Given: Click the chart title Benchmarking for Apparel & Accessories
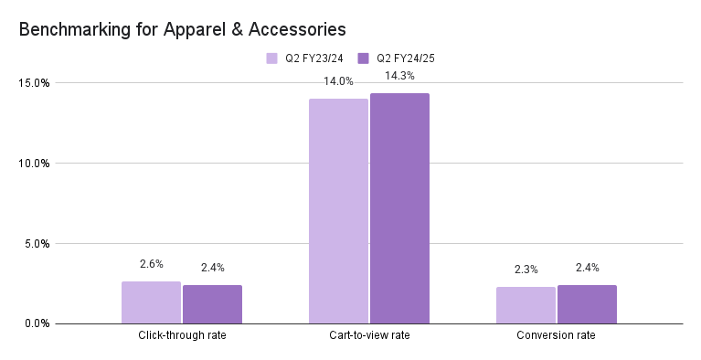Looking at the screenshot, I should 183,29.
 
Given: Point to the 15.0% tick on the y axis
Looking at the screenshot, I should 34,83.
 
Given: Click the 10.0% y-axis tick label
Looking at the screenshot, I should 34,164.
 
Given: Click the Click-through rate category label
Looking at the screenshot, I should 182,336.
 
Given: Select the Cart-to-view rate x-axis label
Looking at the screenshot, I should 369,336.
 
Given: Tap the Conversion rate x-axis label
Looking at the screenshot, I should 557,336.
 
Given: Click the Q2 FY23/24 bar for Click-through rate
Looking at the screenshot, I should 151,302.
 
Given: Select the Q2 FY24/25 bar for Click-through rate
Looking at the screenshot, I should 212,304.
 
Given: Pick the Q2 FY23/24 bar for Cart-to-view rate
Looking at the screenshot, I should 338,211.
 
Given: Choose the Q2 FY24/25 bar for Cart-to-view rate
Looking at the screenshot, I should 399,208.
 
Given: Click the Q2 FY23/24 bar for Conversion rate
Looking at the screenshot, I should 526,305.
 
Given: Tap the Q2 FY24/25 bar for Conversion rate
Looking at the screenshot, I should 587,304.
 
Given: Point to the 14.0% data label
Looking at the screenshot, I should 338,81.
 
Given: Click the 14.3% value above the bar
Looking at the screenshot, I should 399,76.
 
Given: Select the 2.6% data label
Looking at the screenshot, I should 151,264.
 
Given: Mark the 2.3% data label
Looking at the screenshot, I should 526,270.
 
